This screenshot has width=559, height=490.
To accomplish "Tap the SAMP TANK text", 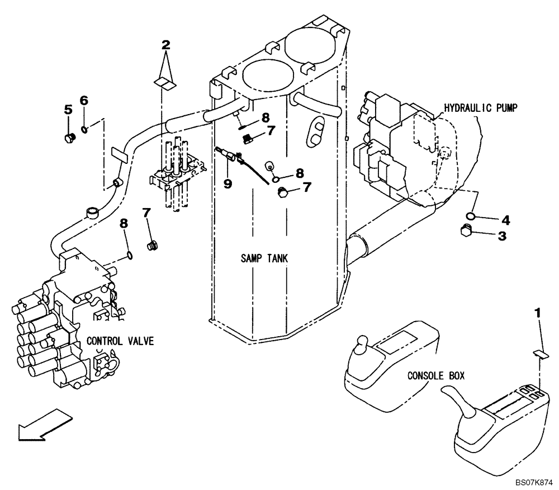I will [264, 258].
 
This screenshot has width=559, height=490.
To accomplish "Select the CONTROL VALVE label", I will [120, 341].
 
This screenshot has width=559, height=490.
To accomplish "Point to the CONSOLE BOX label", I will [435, 376].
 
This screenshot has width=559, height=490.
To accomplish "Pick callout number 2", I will [165, 45].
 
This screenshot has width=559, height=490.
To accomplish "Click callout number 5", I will [68, 110].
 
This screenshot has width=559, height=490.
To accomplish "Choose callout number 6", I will [84, 101].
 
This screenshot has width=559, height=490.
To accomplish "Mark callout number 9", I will [228, 183].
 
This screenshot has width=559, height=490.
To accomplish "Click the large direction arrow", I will [44, 423].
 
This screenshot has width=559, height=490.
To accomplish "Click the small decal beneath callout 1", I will [539, 354].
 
